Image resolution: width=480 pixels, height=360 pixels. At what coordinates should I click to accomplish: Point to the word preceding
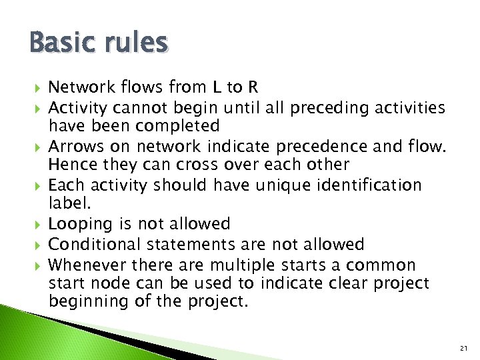tap(320, 107)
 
